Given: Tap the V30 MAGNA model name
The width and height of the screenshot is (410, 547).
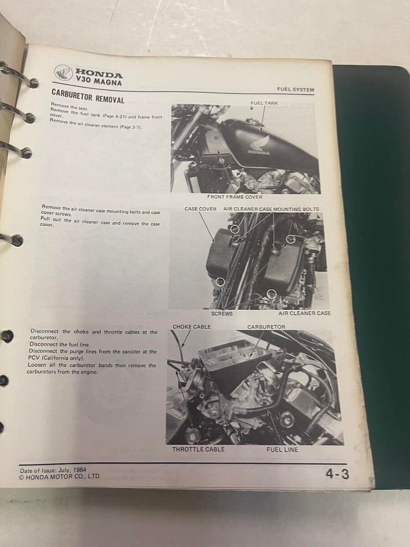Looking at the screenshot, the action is (98, 82).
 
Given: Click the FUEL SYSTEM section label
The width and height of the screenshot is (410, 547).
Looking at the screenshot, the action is (296, 90).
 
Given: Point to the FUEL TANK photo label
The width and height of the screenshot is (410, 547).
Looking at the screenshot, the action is (264, 103).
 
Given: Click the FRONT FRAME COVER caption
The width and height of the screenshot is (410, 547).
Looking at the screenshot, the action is (235, 197).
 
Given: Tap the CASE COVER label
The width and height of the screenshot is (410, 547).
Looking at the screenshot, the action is (200, 209).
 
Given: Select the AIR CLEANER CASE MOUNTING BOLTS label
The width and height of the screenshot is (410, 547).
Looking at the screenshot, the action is (271, 209).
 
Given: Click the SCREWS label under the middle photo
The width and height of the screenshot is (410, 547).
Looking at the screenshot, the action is (222, 314).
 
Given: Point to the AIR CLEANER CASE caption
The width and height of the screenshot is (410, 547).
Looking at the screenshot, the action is (304, 313).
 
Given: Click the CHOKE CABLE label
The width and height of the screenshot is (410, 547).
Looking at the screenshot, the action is (192, 327).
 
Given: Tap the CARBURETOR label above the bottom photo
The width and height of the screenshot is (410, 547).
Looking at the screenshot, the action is (266, 327).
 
